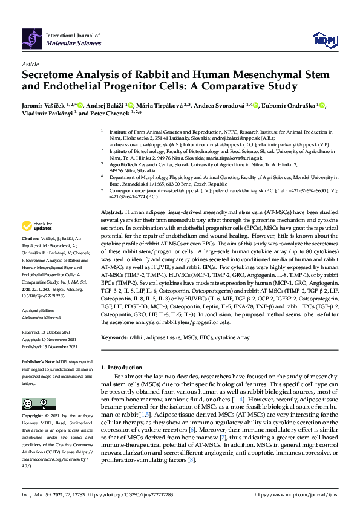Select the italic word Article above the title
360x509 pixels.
tap(30, 65)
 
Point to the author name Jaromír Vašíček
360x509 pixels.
tap(44, 106)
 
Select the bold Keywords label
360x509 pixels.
tap(115, 337)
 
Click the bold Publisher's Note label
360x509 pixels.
tap(38, 361)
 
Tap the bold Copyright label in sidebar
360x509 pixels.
tap(33, 417)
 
